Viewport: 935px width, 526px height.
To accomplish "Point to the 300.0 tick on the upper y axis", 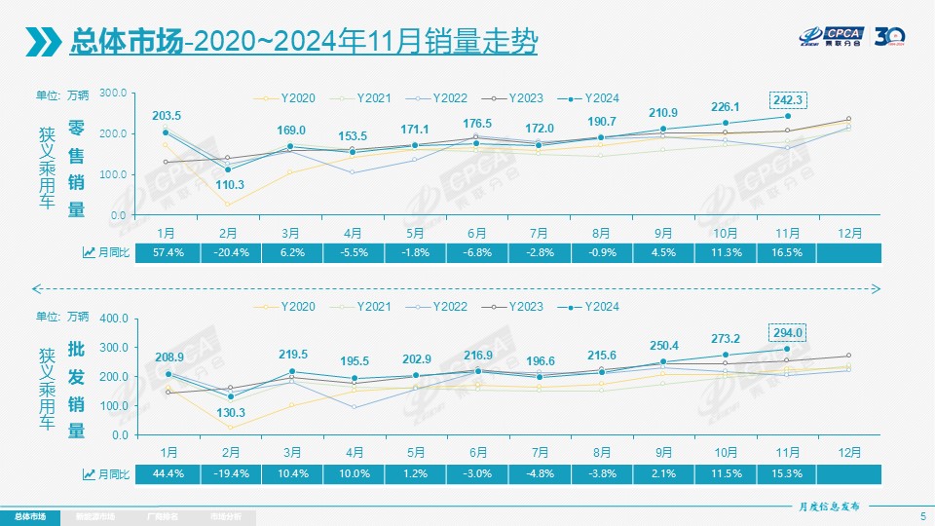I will (114, 93).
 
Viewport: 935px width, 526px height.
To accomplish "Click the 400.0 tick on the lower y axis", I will (114, 319).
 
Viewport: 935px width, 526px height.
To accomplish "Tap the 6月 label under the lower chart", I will (477, 453).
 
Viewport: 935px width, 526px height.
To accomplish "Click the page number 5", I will (922, 515).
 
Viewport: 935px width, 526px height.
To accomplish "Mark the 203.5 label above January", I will (167, 116).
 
